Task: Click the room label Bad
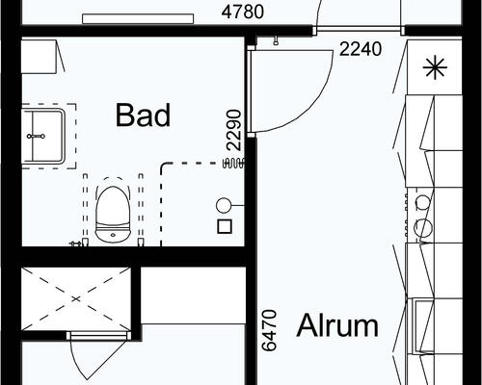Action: pos(143,115)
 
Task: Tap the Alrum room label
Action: pos(337,325)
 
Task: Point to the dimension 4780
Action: pos(243,13)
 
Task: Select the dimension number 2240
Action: pos(361,49)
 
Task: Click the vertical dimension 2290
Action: pos(234,130)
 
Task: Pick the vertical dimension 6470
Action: pos(269,330)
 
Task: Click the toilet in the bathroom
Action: pos(113,215)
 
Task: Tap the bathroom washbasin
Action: pos(43,137)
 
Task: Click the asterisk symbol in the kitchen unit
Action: pos(435,67)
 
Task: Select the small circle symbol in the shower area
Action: pos(223,206)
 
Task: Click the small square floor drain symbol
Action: pos(225,226)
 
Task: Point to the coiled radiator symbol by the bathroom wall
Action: pos(233,164)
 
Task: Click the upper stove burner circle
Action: pos(423,202)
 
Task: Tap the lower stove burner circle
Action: pos(423,227)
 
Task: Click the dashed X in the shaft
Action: pos(76,298)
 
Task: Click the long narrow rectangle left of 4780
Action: pos(138,19)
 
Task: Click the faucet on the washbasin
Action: pos(36,137)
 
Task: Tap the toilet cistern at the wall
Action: pos(113,236)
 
